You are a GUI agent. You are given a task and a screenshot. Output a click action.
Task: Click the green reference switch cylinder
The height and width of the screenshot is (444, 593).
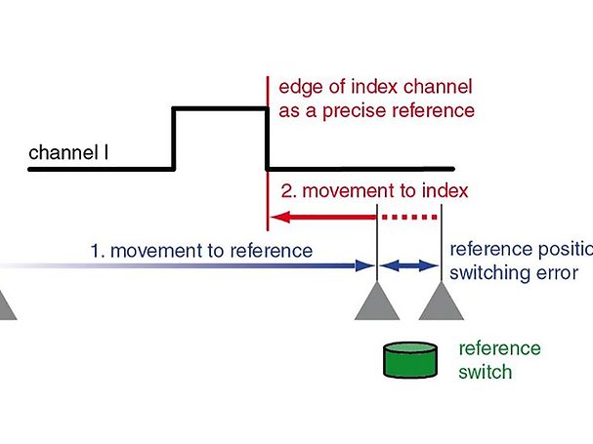pyautogui.click(x=410, y=360)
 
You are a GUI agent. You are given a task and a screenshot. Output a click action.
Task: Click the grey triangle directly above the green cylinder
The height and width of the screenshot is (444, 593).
pyautogui.click(x=376, y=303)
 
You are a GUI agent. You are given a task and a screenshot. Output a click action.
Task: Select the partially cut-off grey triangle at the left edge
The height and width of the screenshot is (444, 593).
pyautogui.click(x=5, y=306)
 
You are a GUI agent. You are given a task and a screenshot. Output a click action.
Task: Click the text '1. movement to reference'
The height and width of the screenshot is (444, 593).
pyautogui.click(x=200, y=251)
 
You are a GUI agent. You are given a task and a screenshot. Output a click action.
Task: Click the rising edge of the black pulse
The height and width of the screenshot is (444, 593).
pyautogui.click(x=174, y=139)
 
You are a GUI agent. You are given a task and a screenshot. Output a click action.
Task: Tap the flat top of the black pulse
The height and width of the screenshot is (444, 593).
pyautogui.click(x=220, y=108)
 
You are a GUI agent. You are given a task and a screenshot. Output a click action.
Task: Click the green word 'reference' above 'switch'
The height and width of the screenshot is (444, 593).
pyautogui.click(x=499, y=349)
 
